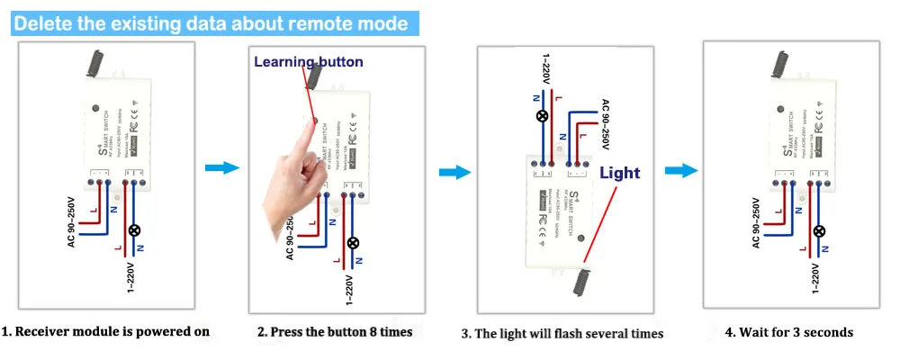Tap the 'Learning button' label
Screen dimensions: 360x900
308,62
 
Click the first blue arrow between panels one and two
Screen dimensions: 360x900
221,168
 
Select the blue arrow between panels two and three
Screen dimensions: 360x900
454,171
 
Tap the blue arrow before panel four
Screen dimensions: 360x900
680,170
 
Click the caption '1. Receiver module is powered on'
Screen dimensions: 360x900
105,331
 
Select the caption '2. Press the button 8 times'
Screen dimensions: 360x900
335,332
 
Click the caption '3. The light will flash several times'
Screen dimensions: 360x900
562,334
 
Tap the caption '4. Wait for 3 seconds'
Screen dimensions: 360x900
788,332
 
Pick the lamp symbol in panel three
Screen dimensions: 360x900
542,116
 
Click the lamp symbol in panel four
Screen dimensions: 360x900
819,230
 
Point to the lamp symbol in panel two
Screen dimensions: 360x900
353,242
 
